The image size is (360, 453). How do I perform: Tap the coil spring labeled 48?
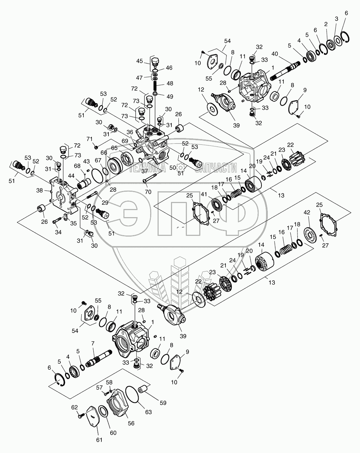point(154,86)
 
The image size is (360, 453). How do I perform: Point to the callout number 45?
point(140,61)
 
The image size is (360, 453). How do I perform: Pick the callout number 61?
point(99,440)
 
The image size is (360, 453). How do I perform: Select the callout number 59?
point(163,403)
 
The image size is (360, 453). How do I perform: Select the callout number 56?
point(131,424)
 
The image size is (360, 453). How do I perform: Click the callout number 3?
point(336,18)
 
